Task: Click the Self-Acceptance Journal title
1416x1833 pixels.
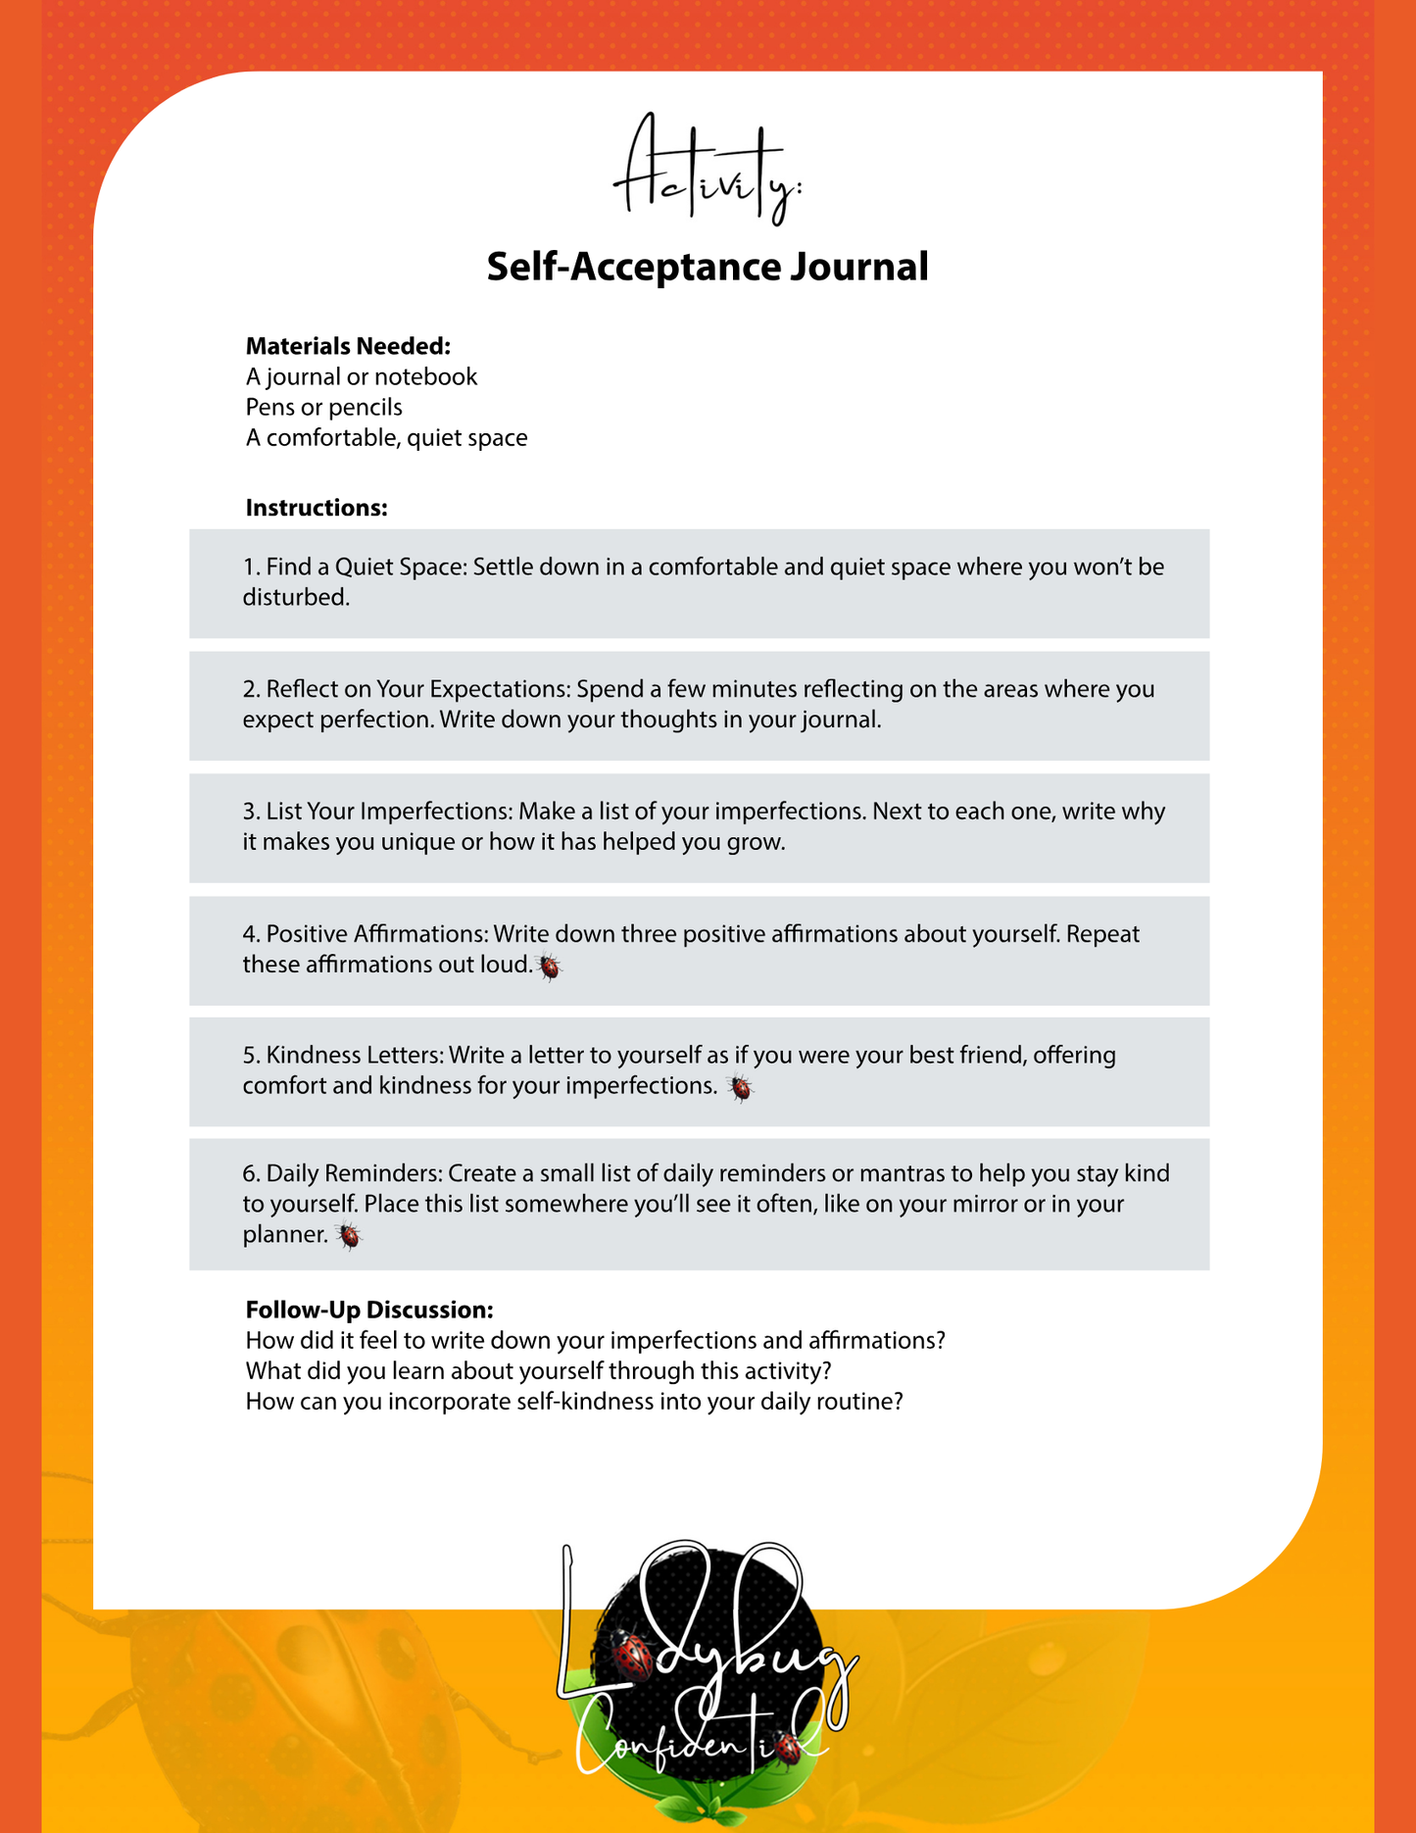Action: point(708,267)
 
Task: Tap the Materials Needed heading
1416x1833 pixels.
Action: point(348,346)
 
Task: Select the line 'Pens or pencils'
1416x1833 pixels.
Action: point(323,407)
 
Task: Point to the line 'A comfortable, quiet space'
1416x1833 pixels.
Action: point(386,437)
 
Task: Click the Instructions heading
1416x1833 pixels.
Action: point(317,508)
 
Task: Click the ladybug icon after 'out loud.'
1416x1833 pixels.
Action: point(550,967)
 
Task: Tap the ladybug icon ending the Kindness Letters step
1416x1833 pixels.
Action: point(740,1088)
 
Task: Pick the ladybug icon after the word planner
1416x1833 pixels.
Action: point(348,1237)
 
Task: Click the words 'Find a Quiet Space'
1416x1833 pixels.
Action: point(366,567)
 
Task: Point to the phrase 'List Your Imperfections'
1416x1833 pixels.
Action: point(388,812)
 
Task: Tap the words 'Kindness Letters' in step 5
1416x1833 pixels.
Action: point(354,1056)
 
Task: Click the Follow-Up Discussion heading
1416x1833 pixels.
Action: point(369,1310)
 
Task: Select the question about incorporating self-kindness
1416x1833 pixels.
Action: point(574,1401)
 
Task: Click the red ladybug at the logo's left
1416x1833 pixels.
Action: point(632,1656)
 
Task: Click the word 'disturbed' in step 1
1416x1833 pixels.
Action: point(294,597)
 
